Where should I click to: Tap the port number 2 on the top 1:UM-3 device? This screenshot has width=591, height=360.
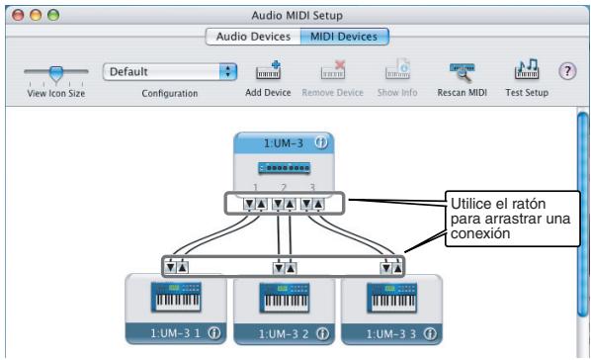click(x=283, y=185)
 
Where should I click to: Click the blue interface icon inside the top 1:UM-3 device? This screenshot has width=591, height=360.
click(x=284, y=168)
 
